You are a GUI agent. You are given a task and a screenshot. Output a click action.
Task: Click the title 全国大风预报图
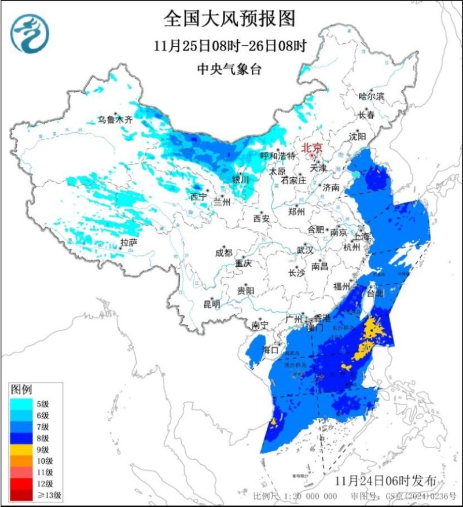pyautogui.click(x=230, y=19)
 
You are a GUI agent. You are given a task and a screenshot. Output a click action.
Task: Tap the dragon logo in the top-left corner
pyautogui.click(x=30, y=34)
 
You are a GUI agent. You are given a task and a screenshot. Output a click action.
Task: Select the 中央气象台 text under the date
pyautogui.click(x=230, y=69)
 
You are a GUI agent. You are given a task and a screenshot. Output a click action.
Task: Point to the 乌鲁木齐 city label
pyautogui.click(x=115, y=120)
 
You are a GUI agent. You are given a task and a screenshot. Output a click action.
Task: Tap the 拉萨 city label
pyautogui.click(x=128, y=242)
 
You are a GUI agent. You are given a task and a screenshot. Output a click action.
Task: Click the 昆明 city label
pyautogui.click(x=211, y=303)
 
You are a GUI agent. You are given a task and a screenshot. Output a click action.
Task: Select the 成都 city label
pyautogui.click(x=224, y=252)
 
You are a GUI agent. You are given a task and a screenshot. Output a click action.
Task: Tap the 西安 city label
pyautogui.click(x=261, y=219)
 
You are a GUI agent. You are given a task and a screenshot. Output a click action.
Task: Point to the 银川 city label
pyautogui.click(x=240, y=180)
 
